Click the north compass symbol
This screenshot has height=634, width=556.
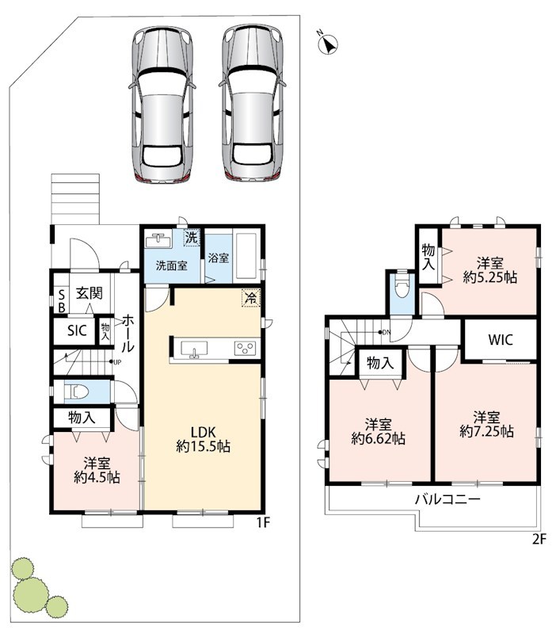[x=328, y=43]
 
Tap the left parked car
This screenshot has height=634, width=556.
[x=162, y=104]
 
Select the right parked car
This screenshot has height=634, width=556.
[x=253, y=102]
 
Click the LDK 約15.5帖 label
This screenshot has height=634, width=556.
[x=204, y=439]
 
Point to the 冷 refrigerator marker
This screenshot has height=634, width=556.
[x=251, y=299]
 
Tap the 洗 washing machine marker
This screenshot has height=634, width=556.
[x=192, y=237]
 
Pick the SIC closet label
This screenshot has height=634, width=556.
[x=77, y=330]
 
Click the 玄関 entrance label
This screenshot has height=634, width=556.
[x=89, y=293]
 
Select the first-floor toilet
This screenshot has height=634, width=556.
[x=77, y=391]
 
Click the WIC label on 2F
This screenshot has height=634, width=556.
[x=501, y=340]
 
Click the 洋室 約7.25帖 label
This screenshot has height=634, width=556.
[x=487, y=424]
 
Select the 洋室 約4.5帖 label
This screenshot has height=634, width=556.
[x=97, y=470]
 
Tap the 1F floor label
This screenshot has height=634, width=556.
[x=262, y=523]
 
